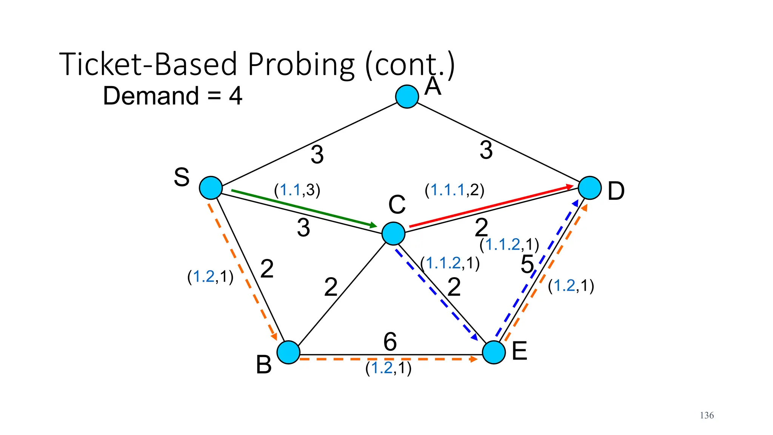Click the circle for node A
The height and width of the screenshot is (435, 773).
click(x=407, y=97)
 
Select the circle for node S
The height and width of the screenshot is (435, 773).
click(x=211, y=188)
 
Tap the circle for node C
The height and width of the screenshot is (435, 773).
click(x=393, y=233)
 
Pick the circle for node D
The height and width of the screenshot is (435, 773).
click(x=590, y=188)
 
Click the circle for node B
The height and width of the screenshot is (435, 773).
click(x=288, y=352)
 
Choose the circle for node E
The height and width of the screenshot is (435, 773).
click(x=494, y=352)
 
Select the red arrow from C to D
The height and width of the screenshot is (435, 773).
click(x=491, y=207)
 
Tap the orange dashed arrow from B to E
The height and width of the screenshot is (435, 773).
click(x=389, y=359)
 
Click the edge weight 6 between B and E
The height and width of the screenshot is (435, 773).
click(x=390, y=342)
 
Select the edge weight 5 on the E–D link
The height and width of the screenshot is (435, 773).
click(x=527, y=264)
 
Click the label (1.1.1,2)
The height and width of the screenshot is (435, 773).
click(x=454, y=190)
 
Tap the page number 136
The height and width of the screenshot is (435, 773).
click(x=707, y=415)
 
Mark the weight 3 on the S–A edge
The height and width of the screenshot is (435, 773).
click(x=317, y=154)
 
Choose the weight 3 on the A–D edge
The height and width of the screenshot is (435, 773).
click(x=486, y=150)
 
